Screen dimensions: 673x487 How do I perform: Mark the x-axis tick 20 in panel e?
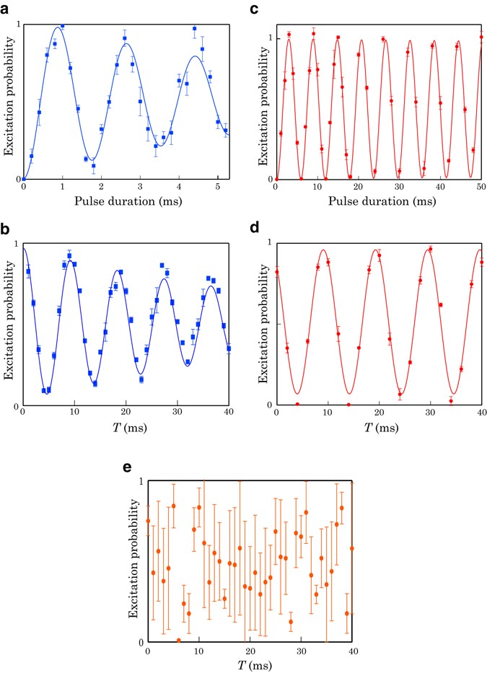[x=250, y=651]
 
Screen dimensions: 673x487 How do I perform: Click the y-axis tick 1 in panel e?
[x=140, y=480]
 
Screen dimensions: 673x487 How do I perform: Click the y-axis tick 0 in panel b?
[x=17, y=406]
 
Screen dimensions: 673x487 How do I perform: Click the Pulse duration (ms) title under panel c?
[x=378, y=201]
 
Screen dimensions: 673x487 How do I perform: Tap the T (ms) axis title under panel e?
[x=250, y=665]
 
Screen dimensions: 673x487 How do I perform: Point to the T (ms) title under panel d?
[x=378, y=429]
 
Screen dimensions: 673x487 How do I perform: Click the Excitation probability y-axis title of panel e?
[x=133, y=561]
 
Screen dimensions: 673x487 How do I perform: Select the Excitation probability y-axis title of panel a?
[x=9, y=101]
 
